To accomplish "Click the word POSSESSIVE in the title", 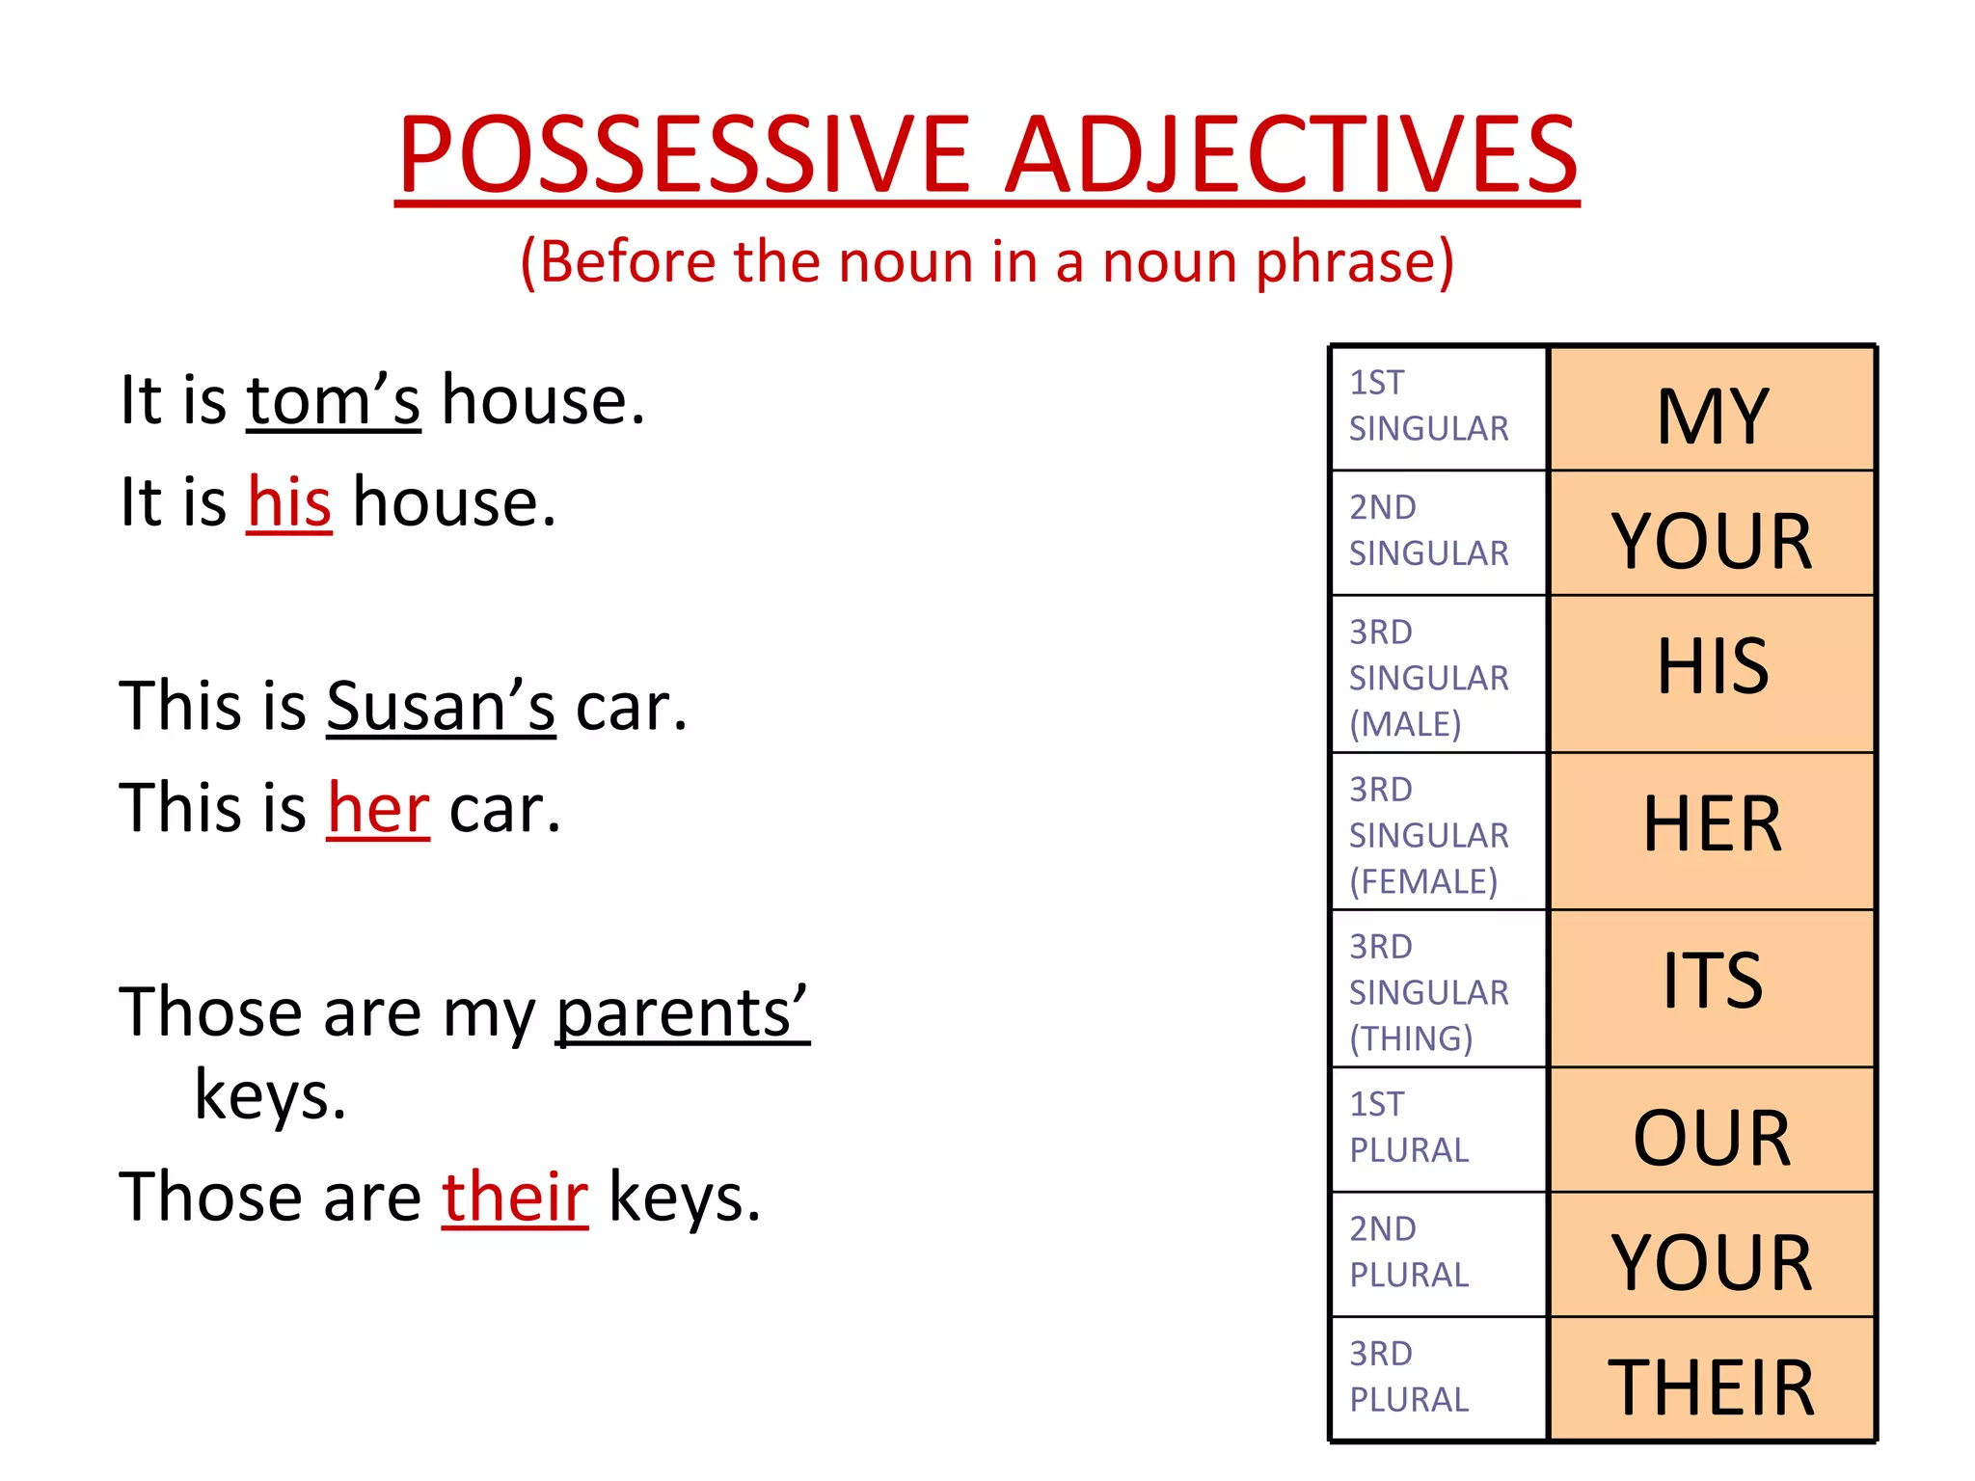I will tap(684, 154).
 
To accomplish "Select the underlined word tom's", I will tap(333, 400).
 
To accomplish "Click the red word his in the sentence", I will tap(289, 502).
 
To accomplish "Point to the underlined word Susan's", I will tap(441, 706).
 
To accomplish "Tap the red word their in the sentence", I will tap(515, 1197).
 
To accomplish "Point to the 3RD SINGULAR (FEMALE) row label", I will tap(1428, 835).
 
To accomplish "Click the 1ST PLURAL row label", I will tap(1409, 1127).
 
